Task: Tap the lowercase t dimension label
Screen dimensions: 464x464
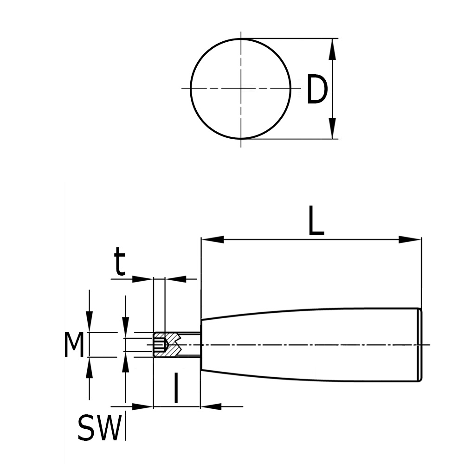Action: [120, 263]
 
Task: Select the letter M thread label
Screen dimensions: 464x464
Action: [74, 346]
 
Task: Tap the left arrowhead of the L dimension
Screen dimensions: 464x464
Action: [213, 239]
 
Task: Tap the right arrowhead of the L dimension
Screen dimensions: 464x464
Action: [409, 239]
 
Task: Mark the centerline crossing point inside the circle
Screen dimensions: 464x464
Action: [241, 88]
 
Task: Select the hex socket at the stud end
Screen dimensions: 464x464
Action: [160, 345]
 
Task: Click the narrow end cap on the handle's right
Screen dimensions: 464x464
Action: [419, 345]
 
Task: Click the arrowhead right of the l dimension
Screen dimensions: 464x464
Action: [211, 406]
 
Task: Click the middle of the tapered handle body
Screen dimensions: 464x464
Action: [311, 345]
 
